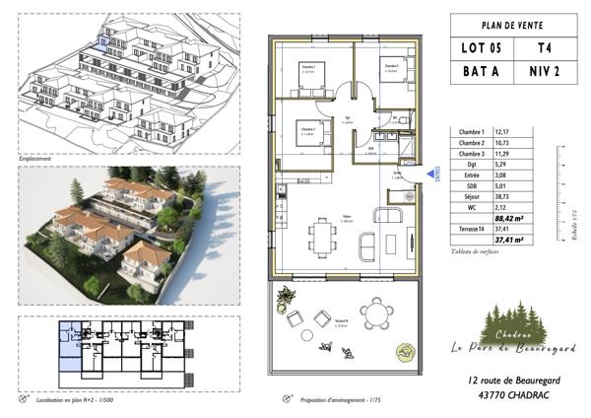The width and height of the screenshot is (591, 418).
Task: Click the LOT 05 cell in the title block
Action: [481, 47]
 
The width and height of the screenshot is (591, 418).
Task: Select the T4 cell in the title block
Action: [544, 47]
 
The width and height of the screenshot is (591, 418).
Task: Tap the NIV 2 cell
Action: [544, 72]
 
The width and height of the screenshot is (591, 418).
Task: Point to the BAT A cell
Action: [481, 72]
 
